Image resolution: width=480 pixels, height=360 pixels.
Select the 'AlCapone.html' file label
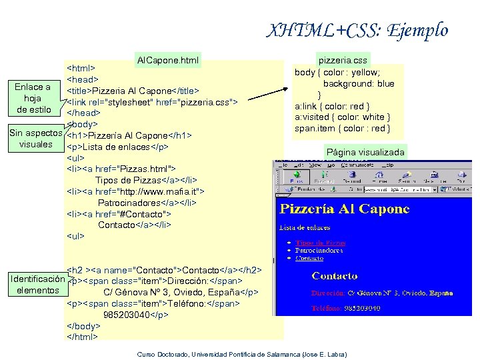pyautogui.click(x=167, y=61)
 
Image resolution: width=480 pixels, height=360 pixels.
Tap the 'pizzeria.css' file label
pyautogui.click(x=341, y=60)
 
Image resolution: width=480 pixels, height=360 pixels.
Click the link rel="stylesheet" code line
pyautogui.click(x=153, y=101)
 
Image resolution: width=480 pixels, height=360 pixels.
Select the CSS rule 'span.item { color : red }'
pyautogui.click(x=342, y=128)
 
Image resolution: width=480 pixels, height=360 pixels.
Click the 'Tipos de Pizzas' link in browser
pyautogui.click(x=321, y=243)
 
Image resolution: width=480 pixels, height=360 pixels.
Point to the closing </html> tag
pyautogui.click(x=83, y=337)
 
